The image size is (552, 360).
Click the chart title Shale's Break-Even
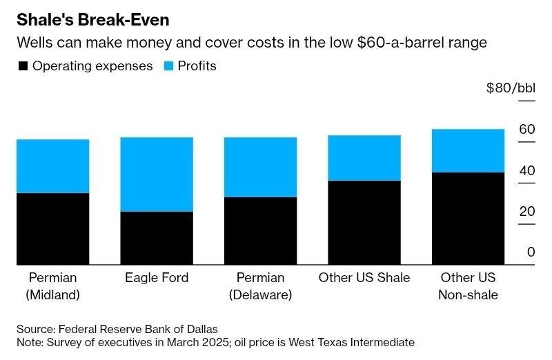pos(92,19)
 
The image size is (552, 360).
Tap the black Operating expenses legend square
pos(22,66)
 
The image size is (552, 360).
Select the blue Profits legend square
pos(169,66)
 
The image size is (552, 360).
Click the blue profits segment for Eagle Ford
pos(157,174)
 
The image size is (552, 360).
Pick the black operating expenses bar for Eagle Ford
pos(157,238)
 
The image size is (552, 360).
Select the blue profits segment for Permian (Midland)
pos(52,166)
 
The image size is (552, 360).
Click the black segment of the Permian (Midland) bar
pos(52,229)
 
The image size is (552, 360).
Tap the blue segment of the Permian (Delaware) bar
pos(260,167)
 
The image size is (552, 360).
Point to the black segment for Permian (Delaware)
pos(260,231)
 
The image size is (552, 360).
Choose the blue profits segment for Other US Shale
pos(364,157)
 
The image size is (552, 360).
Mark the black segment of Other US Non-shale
pos(469,219)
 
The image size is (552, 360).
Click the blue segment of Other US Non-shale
pos(469,150)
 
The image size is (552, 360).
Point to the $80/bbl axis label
pos(510,88)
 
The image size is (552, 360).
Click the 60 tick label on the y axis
pos(527,130)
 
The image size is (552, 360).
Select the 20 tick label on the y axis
pos(527,211)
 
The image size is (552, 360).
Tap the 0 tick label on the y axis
pos(531,252)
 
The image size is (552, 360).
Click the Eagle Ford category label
pos(157,278)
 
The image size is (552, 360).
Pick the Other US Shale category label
pos(364,278)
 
